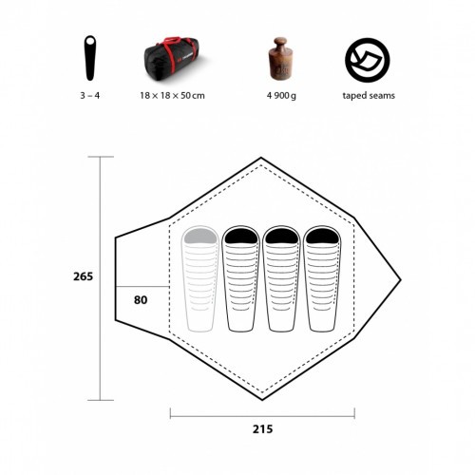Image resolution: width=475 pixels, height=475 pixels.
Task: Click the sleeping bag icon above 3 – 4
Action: [x=90, y=58]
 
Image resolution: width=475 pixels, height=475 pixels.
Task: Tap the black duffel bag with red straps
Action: [x=171, y=59]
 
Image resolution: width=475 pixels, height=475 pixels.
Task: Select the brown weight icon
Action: [x=281, y=59]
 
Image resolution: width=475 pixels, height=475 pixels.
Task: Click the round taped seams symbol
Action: [x=368, y=60]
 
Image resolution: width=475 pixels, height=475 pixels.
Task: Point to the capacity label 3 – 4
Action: [x=90, y=95]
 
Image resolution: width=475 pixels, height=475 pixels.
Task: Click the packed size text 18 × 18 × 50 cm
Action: [x=172, y=95]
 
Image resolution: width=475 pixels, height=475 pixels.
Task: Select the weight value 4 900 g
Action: [x=281, y=96]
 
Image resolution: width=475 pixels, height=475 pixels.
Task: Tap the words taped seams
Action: [x=369, y=96]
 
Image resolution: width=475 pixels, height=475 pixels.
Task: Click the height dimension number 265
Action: [x=84, y=276]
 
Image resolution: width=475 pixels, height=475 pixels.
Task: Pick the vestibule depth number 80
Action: [x=141, y=300]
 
